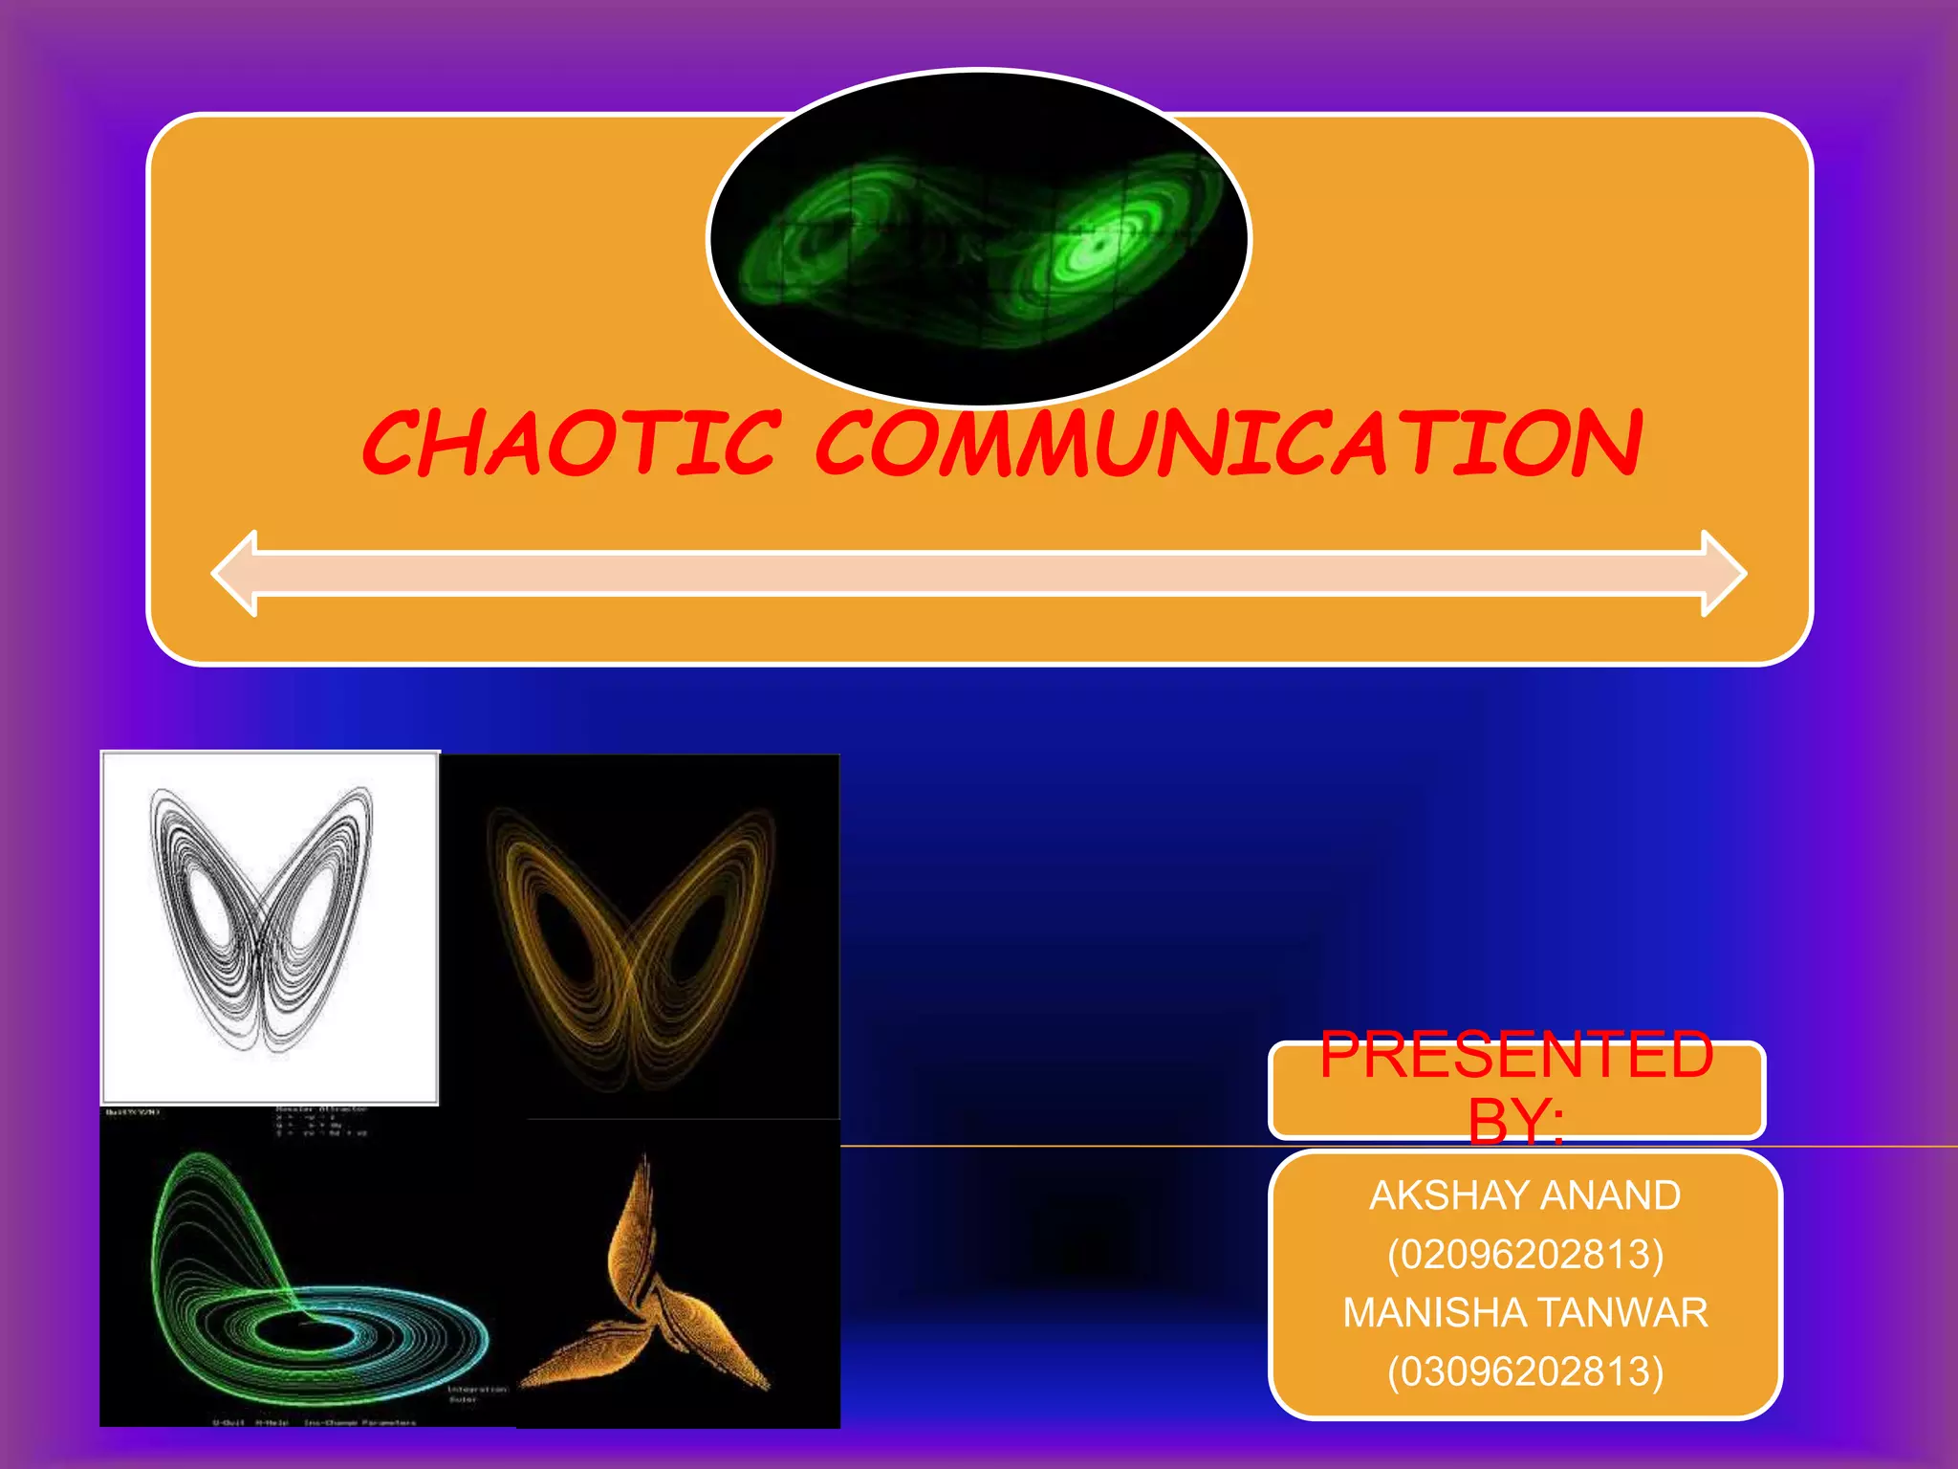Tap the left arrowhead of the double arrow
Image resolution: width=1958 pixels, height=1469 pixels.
click(x=235, y=573)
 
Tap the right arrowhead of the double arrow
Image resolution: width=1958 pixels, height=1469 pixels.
click(x=1723, y=573)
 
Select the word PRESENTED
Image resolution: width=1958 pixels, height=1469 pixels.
click(x=1516, y=1055)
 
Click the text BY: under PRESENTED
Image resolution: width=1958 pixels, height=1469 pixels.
click(x=1516, y=1121)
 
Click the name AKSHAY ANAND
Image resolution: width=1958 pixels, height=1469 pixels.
click(x=1525, y=1195)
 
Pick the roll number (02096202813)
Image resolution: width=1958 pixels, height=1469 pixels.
click(x=1525, y=1254)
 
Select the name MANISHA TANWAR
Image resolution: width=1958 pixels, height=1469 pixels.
click(x=1525, y=1312)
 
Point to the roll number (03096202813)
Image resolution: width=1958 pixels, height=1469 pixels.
click(x=1525, y=1370)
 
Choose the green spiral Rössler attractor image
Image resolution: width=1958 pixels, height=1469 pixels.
click(x=306, y=1282)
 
